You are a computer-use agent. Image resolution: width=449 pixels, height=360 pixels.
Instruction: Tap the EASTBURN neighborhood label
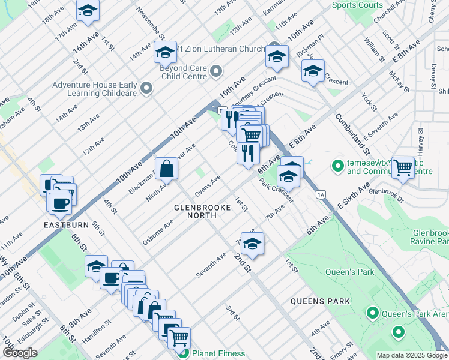click(66, 225)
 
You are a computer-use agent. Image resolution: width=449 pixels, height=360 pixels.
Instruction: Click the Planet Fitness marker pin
click(185, 353)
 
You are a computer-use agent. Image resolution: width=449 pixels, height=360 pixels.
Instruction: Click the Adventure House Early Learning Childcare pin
click(145, 89)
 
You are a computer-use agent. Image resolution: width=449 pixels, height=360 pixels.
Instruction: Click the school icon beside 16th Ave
click(88, 11)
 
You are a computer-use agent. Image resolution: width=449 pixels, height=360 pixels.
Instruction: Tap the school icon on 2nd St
click(253, 244)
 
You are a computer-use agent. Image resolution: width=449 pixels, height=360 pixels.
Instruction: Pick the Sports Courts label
click(357, 5)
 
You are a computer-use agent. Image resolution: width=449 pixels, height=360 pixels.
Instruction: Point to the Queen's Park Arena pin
click(372, 313)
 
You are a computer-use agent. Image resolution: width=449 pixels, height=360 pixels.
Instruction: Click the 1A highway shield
click(321, 194)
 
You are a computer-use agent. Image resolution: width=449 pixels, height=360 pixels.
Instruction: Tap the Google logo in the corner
click(20, 353)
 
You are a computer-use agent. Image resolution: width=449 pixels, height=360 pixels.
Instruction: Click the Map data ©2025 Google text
click(412, 355)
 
